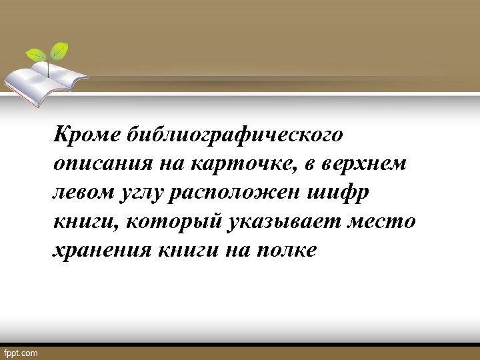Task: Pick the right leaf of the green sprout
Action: [61, 49]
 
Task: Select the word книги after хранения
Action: [189, 251]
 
